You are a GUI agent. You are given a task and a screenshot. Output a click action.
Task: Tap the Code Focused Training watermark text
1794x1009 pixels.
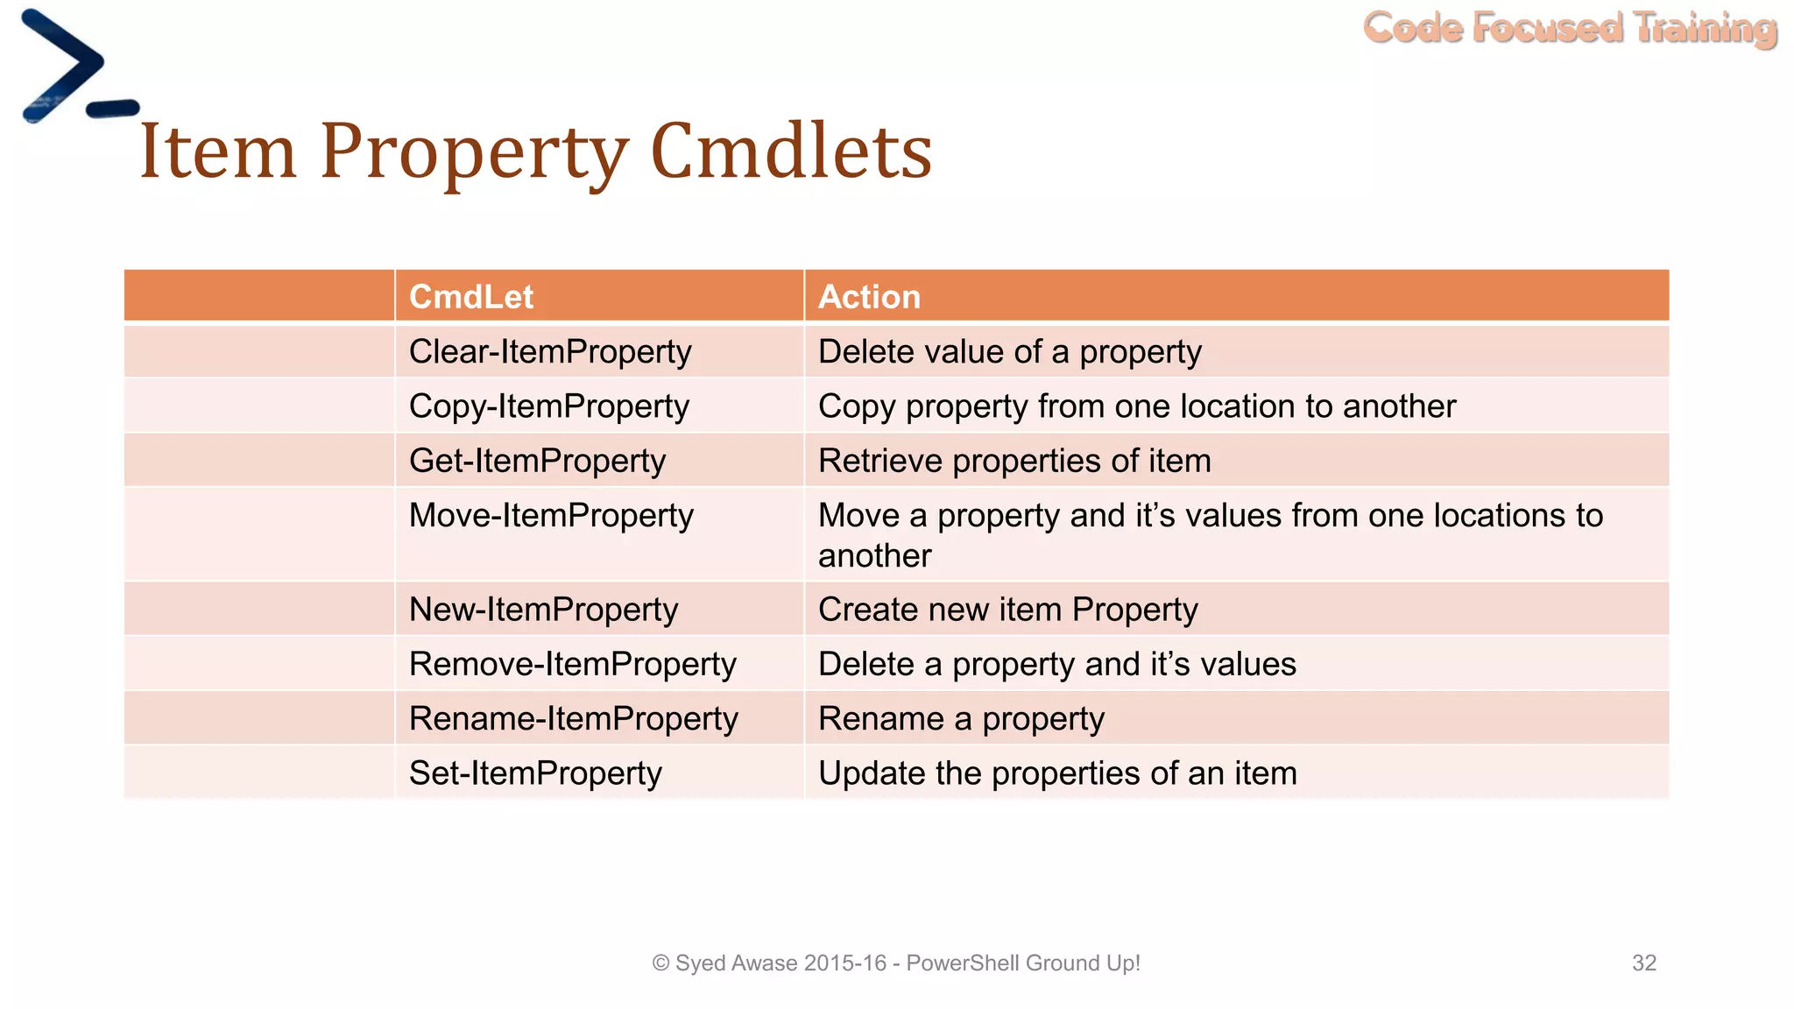1570,28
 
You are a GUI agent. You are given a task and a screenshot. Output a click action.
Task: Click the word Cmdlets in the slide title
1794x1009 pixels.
791,152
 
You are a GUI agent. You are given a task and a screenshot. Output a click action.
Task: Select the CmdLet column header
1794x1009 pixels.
471,297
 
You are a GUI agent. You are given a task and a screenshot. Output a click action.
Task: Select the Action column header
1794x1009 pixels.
869,297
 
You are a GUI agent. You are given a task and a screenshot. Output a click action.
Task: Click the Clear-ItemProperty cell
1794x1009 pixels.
550,352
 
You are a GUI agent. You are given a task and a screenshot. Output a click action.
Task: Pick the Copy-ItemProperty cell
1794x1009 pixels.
549,406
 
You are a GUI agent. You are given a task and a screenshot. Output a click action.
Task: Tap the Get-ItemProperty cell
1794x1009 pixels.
537,461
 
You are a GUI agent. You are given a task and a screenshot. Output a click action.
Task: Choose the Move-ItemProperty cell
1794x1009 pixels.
551,515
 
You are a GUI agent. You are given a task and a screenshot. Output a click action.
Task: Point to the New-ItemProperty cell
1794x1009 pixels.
543,610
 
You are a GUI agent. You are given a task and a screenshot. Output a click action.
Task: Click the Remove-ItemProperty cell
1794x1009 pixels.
572,664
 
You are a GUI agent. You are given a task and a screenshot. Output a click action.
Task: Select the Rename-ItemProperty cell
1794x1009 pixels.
574,718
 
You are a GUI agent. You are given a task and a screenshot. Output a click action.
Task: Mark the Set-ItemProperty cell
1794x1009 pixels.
535,773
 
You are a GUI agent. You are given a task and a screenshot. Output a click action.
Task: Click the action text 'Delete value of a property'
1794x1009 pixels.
1009,352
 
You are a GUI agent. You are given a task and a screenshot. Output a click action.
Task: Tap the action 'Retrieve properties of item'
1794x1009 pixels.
1014,461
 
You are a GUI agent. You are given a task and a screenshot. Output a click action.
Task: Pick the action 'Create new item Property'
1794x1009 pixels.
1007,610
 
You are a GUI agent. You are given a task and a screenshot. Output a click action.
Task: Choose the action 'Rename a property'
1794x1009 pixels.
961,718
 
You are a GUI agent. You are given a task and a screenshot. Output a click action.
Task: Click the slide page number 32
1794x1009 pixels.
1643,963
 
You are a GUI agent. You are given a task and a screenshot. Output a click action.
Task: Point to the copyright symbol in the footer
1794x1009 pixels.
660,963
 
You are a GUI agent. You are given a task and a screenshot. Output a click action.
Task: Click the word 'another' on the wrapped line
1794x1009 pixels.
874,556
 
